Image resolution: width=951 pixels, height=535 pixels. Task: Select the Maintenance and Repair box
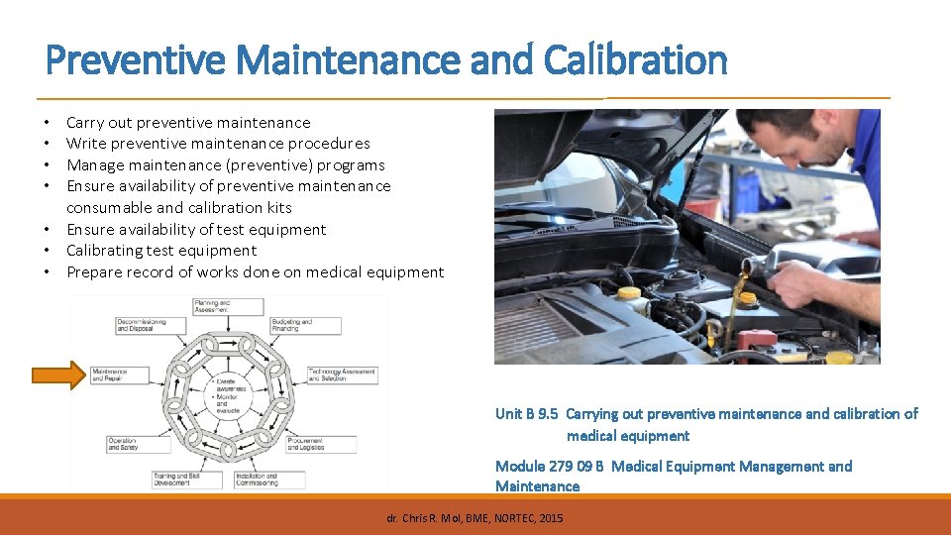[120, 375]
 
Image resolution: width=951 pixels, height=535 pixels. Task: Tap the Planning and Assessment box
[228, 306]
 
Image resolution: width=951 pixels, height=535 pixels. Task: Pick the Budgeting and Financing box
[308, 325]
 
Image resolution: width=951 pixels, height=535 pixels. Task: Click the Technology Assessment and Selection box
[342, 375]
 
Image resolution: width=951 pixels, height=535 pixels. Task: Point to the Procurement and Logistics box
[318, 445]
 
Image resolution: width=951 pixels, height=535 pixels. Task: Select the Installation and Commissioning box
[268, 479]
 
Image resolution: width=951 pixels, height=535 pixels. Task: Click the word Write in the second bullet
[85, 144]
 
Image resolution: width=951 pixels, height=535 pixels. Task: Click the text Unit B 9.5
[527, 414]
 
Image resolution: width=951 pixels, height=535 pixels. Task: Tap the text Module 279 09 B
[549, 467]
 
